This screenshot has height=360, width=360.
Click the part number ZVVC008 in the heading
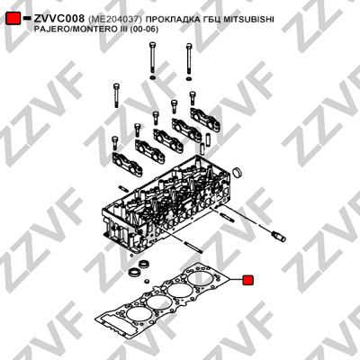pyautogui.click(x=59, y=19)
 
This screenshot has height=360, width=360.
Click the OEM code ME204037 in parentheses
pyautogui.click(x=115, y=20)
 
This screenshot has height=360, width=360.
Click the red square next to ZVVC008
pyautogui.click(x=13, y=19)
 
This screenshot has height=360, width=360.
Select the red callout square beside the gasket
pyautogui.click(x=247, y=280)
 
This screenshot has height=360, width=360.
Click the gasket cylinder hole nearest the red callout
pyautogui.click(x=201, y=277)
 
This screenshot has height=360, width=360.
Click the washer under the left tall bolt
pyautogui.click(x=152, y=78)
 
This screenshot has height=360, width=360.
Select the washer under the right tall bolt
pyautogui.click(x=189, y=79)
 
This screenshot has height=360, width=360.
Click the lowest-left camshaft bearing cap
pyautogui.click(x=127, y=164)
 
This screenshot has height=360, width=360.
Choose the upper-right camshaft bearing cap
pyautogui.click(x=206, y=120)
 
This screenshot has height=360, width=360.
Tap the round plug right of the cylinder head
pyautogui.click(x=238, y=172)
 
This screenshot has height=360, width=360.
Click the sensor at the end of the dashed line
pyautogui.click(x=278, y=236)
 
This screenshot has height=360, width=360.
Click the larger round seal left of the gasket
pyautogui.click(x=133, y=273)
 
